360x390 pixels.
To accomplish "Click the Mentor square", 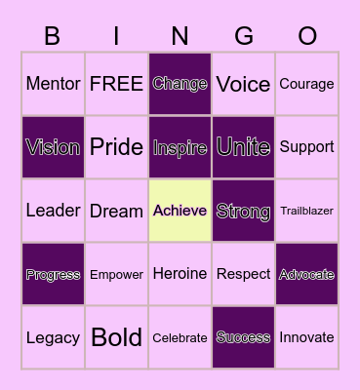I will [x=53, y=84].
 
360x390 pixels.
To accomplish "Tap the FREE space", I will [x=116, y=84].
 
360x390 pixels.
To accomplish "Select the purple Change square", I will [x=180, y=84].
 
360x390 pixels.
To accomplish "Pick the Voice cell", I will [x=243, y=84].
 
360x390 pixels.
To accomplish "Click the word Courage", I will [x=306, y=84].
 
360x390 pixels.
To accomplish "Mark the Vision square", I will [x=53, y=147].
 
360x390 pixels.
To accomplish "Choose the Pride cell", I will [x=116, y=147].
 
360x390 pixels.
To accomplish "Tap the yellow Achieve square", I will [x=180, y=211].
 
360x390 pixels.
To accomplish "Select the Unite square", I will [x=243, y=147].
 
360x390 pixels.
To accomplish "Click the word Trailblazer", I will [x=306, y=211].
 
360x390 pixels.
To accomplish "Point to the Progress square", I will [x=53, y=274].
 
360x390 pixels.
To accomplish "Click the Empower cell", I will [x=116, y=274].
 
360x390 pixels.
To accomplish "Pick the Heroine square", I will [x=180, y=274].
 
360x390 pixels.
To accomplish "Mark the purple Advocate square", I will [x=306, y=274].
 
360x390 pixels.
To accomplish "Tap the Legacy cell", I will [x=53, y=337].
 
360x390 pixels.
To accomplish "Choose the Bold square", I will [x=116, y=337].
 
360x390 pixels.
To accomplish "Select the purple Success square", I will [x=243, y=337].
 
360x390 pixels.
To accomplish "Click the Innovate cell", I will [x=306, y=337].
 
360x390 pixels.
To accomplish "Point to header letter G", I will [x=244, y=36].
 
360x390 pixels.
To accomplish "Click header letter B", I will [x=53, y=36].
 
